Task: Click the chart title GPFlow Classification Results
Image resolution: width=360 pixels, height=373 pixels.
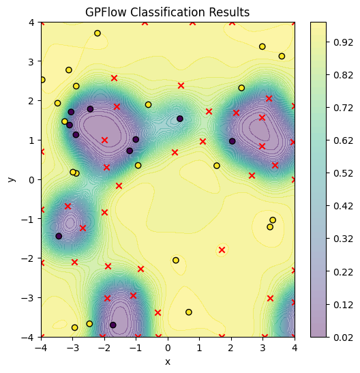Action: tap(168, 12)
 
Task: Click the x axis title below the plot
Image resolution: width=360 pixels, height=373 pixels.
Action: tap(168, 362)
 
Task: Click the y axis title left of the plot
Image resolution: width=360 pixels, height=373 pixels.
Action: tap(11, 179)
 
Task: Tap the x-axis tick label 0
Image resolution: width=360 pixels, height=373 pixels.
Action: tap(168, 348)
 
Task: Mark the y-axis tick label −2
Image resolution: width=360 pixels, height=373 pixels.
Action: tap(28, 258)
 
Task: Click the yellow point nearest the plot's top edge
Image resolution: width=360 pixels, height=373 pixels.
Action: tap(97, 33)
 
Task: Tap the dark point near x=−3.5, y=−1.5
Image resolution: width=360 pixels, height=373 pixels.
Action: tap(59, 236)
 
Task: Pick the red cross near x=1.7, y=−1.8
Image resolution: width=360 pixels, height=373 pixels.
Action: tap(222, 250)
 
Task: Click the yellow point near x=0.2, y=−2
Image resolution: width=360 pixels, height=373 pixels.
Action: tap(176, 260)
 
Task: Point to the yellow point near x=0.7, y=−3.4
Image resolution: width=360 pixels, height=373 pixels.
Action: tap(189, 312)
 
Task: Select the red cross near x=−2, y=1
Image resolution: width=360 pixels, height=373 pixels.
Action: tap(104, 140)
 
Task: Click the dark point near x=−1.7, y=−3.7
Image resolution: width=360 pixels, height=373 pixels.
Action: tap(113, 325)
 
